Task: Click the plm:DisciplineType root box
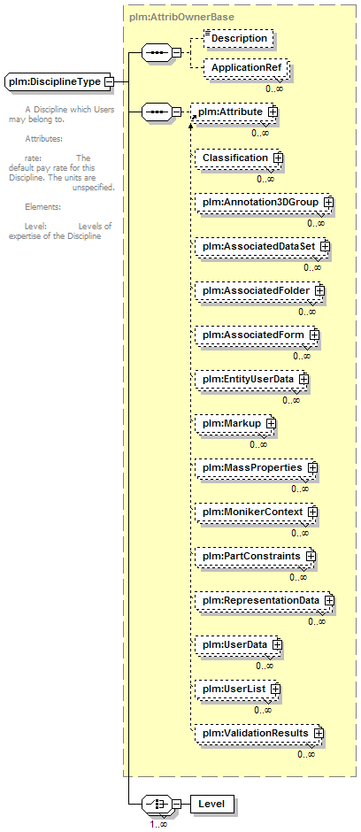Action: point(59,82)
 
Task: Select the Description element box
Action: point(239,38)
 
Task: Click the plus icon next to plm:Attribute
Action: point(273,112)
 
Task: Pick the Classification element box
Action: point(240,158)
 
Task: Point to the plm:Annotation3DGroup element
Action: point(264,202)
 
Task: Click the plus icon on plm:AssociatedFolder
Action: point(319,291)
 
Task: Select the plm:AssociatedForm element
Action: point(257,335)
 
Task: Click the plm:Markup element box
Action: point(235,423)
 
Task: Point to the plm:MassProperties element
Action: point(256,468)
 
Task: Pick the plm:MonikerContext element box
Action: point(256,512)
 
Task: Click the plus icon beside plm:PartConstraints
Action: point(311,556)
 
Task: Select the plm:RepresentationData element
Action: point(265,601)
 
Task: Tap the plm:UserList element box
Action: point(237,689)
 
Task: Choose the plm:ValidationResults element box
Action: point(259,733)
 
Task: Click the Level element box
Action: point(212,804)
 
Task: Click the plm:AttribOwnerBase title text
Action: point(181,17)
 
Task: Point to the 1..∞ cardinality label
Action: point(159,825)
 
